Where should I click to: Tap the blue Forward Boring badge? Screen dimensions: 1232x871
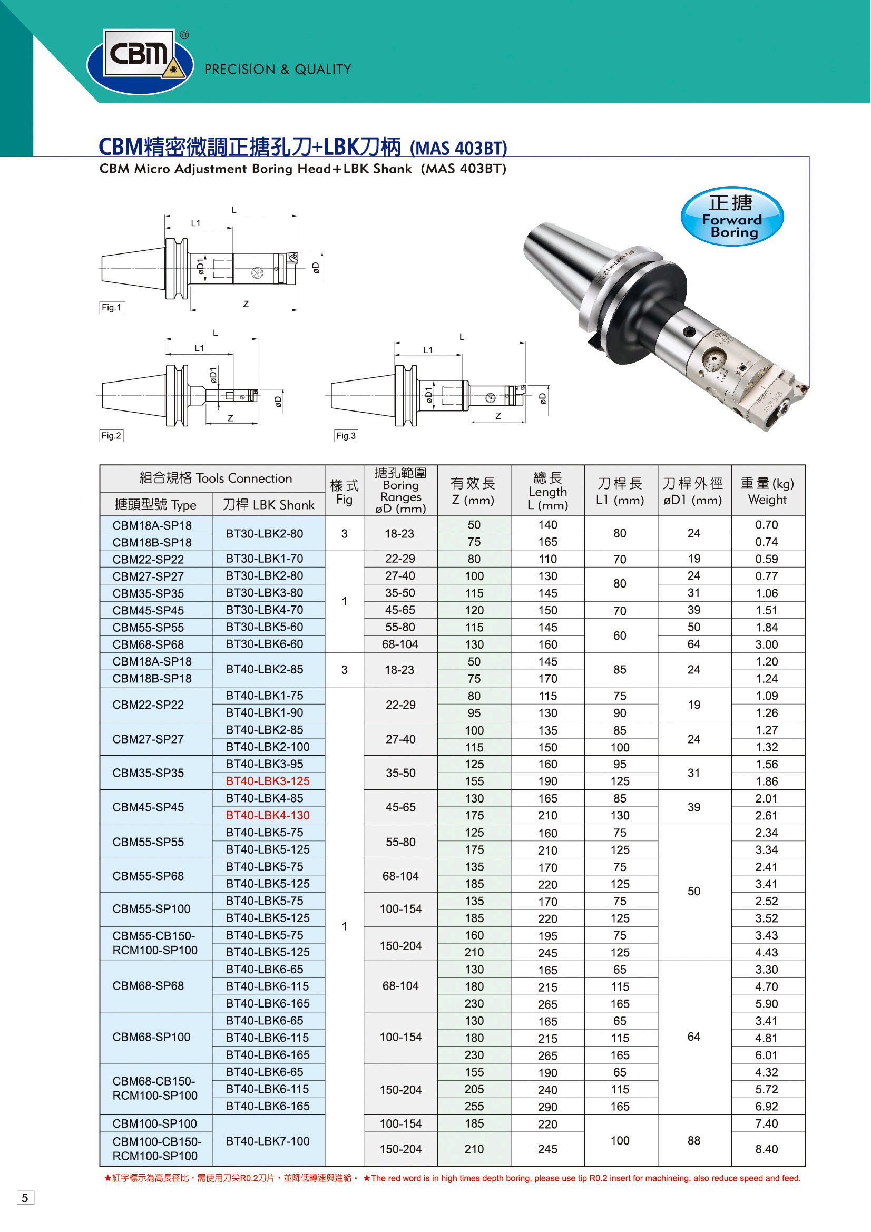(732, 217)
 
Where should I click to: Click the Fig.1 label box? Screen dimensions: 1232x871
(112, 307)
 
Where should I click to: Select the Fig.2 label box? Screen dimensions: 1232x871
(111, 436)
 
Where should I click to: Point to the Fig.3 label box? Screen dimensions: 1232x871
(346, 436)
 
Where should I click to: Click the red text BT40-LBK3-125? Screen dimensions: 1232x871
(267, 781)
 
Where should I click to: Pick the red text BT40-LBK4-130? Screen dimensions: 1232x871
(267, 816)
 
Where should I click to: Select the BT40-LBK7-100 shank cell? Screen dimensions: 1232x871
(267, 1141)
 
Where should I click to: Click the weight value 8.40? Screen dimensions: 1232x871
(766, 1149)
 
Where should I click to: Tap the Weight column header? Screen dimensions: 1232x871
(767, 492)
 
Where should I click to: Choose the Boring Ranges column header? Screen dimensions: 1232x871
(400, 491)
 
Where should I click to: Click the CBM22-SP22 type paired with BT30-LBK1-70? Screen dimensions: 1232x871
(148, 560)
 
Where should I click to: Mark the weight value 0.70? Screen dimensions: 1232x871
(766, 525)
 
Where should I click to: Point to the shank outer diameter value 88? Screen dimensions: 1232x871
(694, 1141)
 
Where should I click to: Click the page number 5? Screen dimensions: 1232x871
(25, 1198)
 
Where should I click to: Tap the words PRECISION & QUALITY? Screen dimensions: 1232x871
(278, 70)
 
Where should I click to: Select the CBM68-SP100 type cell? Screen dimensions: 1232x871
(151, 1037)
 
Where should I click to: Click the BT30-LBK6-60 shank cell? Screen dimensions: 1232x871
(264, 644)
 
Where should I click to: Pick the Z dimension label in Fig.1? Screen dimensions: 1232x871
(246, 304)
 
